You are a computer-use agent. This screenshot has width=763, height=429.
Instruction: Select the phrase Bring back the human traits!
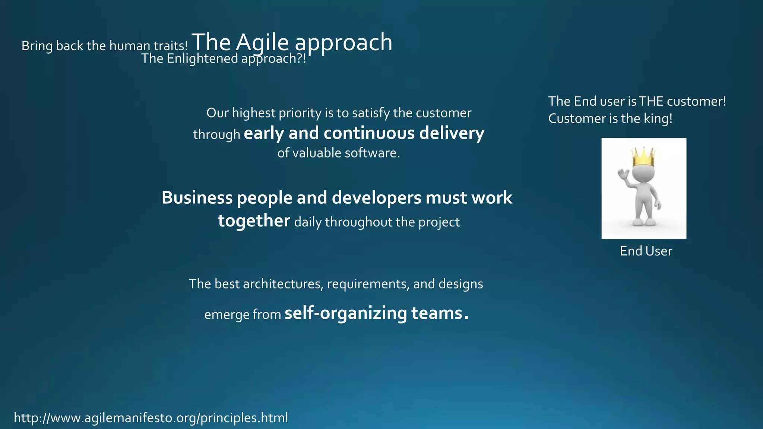pyautogui.click(x=104, y=46)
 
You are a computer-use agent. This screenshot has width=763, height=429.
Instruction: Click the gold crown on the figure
pyautogui.click(x=643, y=157)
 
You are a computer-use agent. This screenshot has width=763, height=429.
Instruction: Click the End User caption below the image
pyautogui.click(x=646, y=251)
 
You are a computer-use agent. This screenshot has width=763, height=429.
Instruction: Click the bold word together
pyautogui.click(x=254, y=221)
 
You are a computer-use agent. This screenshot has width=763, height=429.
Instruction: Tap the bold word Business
pyautogui.click(x=197, y=197)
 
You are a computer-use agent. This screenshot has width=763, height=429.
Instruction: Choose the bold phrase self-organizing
pyautogui.click(x=346, y=313)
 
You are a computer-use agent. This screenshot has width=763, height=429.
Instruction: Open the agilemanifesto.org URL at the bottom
pyautogui.click(x=151, y=418)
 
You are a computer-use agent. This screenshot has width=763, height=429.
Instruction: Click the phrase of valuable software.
pyautogui.click(x=338, y=153)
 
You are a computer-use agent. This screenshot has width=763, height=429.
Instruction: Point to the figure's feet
pyautogui.click(x=644, y=222)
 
